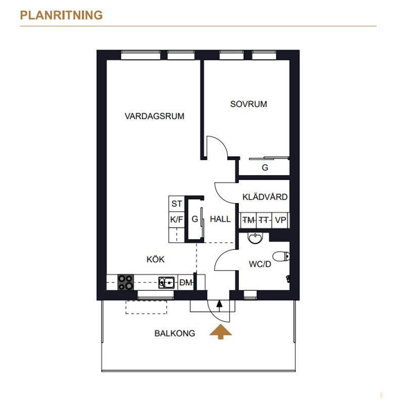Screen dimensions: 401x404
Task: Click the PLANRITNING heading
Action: (61, 15)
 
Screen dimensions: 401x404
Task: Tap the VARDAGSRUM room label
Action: (155, 116)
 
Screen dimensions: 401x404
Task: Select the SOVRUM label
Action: (248, 104)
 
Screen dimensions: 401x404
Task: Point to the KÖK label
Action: (156, 259)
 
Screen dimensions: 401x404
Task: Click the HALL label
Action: (220, 219)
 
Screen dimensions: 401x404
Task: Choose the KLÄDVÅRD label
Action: (265, 196)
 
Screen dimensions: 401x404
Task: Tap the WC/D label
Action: (260, 264)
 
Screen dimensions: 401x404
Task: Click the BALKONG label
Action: (175, 333)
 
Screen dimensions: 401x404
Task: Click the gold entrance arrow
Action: (221, 332)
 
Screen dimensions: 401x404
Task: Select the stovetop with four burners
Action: (126, 282)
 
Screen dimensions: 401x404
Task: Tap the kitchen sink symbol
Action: (166, 283)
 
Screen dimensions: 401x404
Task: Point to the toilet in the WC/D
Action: (281, 257)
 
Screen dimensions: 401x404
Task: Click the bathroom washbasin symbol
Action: (256, 238)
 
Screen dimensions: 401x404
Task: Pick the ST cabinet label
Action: (177, 204)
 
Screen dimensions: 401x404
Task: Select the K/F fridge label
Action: (177, 220)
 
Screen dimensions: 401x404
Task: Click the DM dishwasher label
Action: (186, 283)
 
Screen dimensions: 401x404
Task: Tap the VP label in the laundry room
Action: (280, 220)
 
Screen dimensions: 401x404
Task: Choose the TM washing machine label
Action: (248, 220)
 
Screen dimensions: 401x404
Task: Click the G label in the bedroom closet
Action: (265, 168)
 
